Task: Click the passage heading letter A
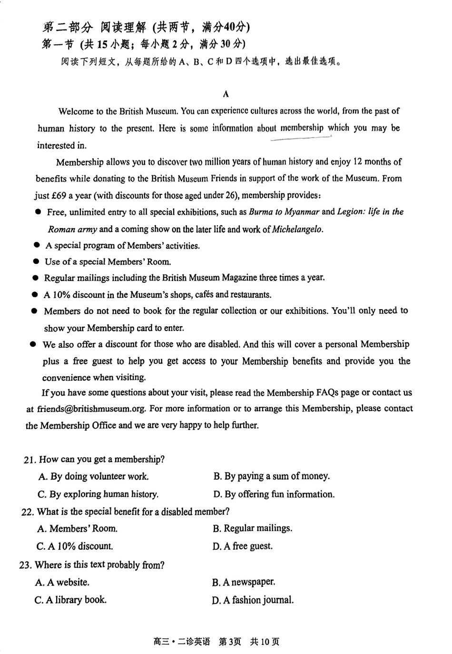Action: pyautogui.click(x=226, y=94)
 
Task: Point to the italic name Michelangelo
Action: pyautogui.click(x=297, y=229)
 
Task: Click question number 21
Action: pyautogui.click(x=29, y=460)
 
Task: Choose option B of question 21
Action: pyautogui.click(x=271, y=476)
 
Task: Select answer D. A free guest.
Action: pyautogui.click(x=242, y=546)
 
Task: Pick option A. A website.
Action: pyautogui.click(x=62, y=582)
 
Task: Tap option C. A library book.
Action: pyautogui.click(x=70, y=600)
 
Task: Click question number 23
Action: pyautogui.click(x=26, y=565)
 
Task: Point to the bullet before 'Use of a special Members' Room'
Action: pyautogui.click(x=36, y=262)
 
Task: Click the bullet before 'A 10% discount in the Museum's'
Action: pyautogui.click(x=35, y=295)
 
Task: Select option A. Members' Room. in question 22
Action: pyautogui.click(x=77, y=529)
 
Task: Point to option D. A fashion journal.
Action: pyautogui.click(x=253, y=600)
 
